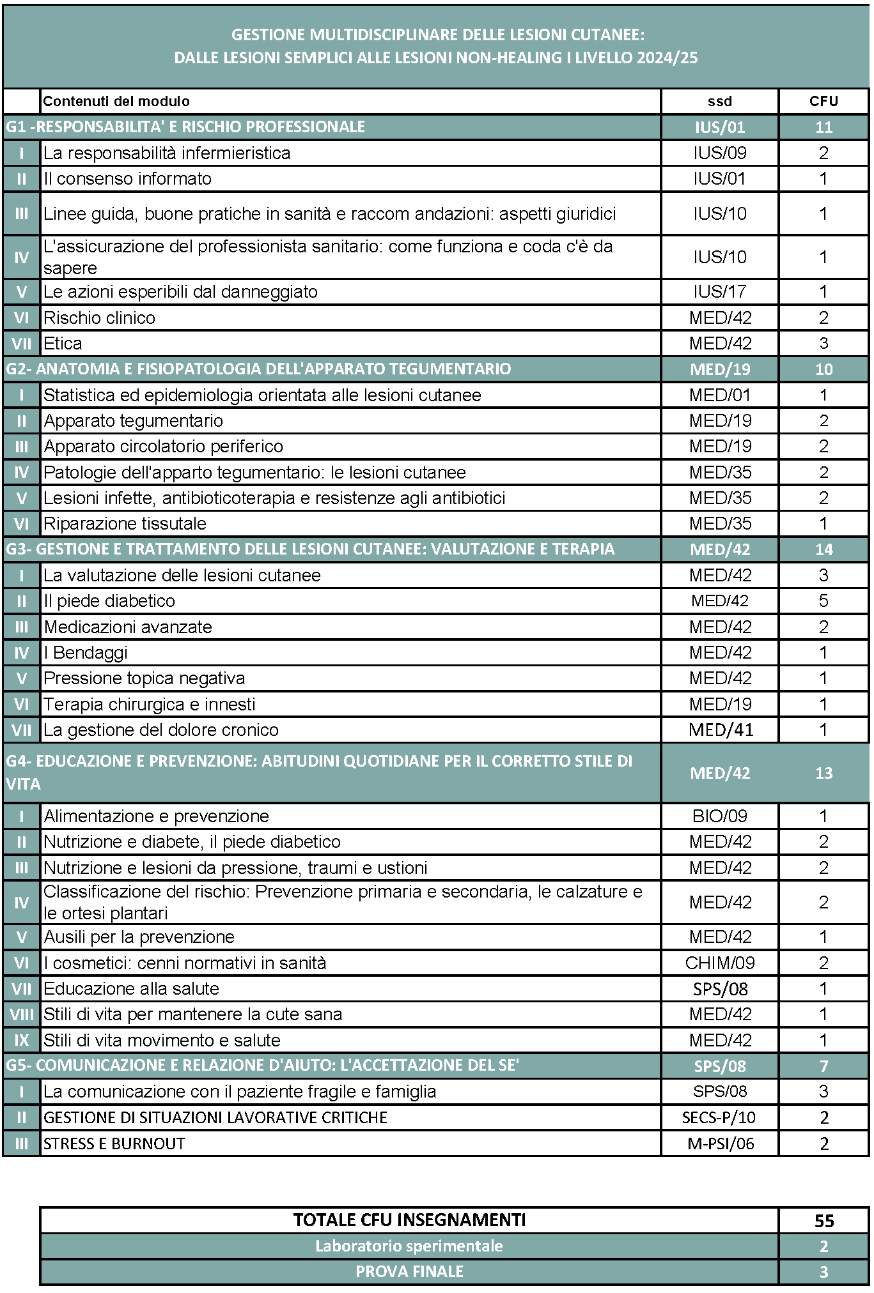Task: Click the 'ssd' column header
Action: [x=719, y=101]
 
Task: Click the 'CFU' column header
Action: [x=823, y=101]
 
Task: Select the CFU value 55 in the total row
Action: [x=823, y=1221]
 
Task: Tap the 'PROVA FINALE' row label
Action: [x=409, y=1271]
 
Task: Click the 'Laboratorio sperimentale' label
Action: [x=409, y=1246]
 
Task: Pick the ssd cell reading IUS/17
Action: [x=719, y=292]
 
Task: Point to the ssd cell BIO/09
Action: [x=719, y=816]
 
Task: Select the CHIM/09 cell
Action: [x=719, y=963]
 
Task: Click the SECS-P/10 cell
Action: [x=719, y=1117]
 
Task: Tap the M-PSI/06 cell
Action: [x=720, y=1144]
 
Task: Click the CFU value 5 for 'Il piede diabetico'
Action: [x=823, y=601]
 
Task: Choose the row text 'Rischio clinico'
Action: [x=99, y=318]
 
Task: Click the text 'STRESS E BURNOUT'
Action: [x=114, y=1144]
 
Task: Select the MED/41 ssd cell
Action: [x=721, y=730]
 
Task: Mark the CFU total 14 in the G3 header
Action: [x=823, y=549]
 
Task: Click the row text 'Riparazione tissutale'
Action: [x=125, y=524]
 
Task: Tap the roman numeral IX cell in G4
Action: [x=21, y=1040]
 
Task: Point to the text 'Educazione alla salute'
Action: [x=131, y=989]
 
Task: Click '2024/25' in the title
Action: [x=667, y=57]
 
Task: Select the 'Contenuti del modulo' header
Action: [x=116, y=101]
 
